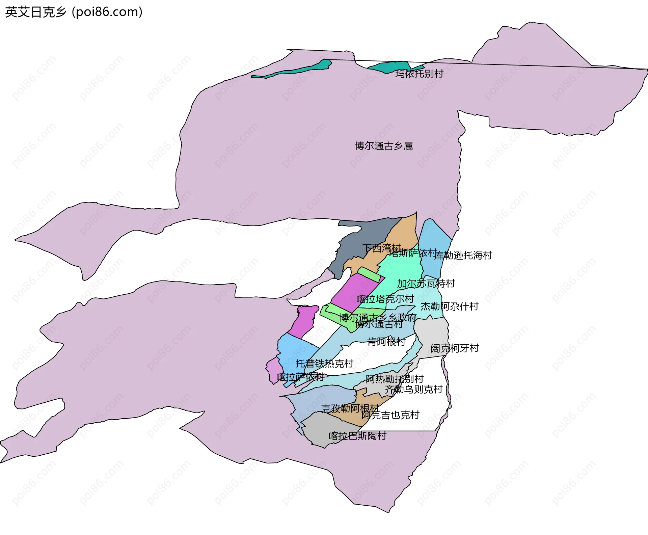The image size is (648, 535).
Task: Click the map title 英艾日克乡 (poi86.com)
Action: [x=74, y=12]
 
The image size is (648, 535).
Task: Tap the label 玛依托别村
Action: [x=419, y=74]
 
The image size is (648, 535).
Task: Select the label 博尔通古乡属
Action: [x=384, y=146]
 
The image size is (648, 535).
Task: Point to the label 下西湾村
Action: [x=381, y=248]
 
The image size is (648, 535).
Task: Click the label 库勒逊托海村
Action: [x=463, y=255]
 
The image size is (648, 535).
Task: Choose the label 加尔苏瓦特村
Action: [x=426, y=284]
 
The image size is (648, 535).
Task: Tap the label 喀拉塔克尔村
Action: [x=385, y=299]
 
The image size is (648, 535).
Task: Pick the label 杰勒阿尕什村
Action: [x=450, y=306]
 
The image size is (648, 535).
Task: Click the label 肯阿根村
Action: [x=386, y=342]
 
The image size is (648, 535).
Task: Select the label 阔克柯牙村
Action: [x=455, y=348]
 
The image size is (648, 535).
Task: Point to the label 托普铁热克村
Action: [x=324, y=364]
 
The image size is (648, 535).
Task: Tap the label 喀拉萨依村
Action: [x=300, y=377]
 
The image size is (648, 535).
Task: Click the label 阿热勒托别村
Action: [x=395, y=379]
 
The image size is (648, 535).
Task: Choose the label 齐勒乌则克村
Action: [x=413, y=390]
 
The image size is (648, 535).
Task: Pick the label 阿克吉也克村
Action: [x=390, y=415]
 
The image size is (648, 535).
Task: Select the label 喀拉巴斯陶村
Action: [x=357, y=436]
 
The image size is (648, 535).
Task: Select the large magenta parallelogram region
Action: [x=354, y=292]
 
